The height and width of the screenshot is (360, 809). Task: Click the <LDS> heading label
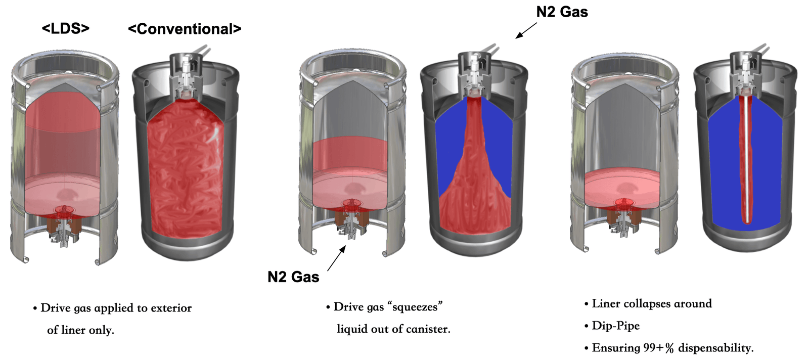66,28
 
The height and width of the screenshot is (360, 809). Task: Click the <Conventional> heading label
185,29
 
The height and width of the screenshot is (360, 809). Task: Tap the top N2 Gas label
562,12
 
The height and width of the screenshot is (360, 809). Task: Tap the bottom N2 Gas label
293,277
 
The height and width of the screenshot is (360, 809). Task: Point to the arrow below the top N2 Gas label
526,30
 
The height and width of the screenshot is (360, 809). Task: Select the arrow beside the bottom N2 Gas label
336,258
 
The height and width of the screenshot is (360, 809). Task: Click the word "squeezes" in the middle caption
415,307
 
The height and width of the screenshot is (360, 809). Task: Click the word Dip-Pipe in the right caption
615,326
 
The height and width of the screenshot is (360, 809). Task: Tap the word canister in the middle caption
427,329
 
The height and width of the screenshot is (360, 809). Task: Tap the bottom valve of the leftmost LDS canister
64,231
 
